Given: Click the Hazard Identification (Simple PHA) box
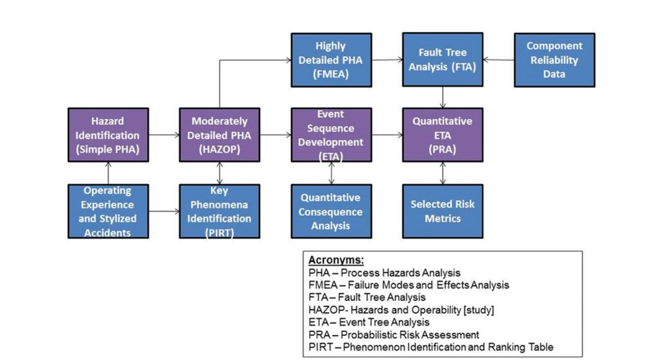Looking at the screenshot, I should pyautogui.click(x=108, y=135).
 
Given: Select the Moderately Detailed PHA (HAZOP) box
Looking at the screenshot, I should pyautogui.click(x=219, y=135).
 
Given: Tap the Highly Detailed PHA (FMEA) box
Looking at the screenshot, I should pyautogui.click(x=331, y=60).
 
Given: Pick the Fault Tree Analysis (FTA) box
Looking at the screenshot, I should pyautogui.click(x=442, y=60).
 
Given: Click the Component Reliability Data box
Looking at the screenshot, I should pyautogui.click(x=554, y=60).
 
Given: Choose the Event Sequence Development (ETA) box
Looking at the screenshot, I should pyautogui.click(x=331, y=135).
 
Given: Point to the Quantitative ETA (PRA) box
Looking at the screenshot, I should pyautogui.click(x=442, y=135).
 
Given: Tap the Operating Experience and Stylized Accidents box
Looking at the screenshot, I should pyautogui.click(x=108, y=212).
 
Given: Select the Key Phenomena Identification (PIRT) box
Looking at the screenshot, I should pyautogui.click(x=219, y=212).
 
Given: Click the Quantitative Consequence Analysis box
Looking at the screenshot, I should pyautogui.click(x=331, y=212).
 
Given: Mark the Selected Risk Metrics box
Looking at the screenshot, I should pyautogui.click(x=442, y=212).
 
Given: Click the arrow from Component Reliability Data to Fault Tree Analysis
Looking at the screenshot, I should pyautogui.click(x=498, y=60).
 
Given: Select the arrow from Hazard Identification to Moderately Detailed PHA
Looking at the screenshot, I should pyautogui.click(x=164, y=135).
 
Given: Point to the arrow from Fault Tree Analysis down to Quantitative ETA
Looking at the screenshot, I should pyautogui.click(x=442, y=97).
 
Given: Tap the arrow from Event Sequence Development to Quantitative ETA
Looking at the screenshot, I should pyautogui.click(x=387, y=135).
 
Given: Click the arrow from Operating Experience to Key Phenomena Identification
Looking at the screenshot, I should pyautogui.click(x=164, y=212).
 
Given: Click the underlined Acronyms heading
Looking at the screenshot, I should pyautogui.click(x=336, y=261).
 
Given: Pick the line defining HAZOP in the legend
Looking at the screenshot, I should pyautogui.click(x=401, y=310).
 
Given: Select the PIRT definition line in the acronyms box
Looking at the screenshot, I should pyautogui.click(x=430, y=347).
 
